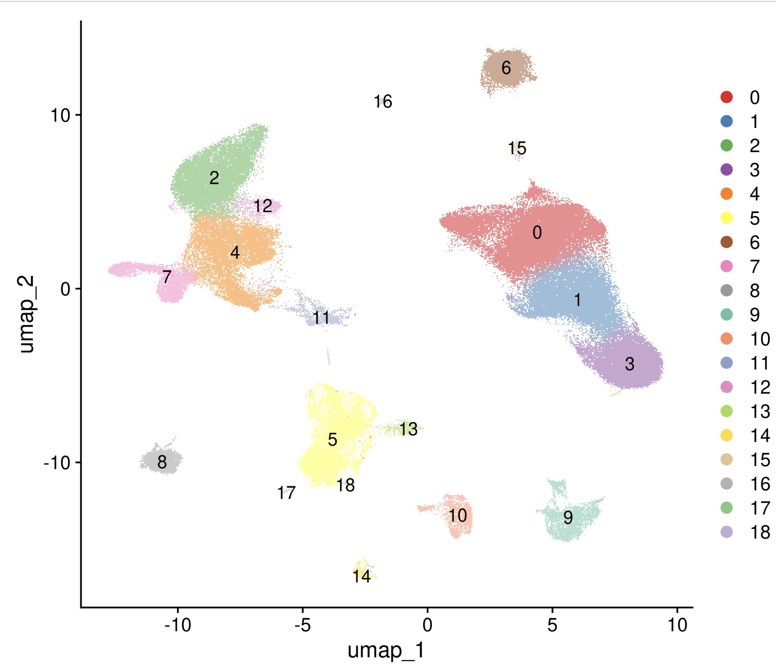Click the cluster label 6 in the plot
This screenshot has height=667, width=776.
pyautogui.click(x=506, y=68)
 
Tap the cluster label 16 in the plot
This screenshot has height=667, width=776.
pyautogui.click(x=383, y=102)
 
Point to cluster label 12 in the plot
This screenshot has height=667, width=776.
pyautogui.click(x=263, y=206)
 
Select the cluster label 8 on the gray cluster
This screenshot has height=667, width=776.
pyautogui.click(x=162, y=462)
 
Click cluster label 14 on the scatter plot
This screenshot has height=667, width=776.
pyautogui.click(x=362, y=576)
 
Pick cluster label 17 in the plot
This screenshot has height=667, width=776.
pyautogui.click(x=286, y=493)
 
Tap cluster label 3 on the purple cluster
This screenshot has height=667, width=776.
pyautogui.click(x=629, y=364)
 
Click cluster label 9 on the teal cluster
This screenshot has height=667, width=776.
pyautogui.click(x=568, y=518)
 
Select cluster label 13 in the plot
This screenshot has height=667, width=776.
pyautogui.click(x=408, y=429)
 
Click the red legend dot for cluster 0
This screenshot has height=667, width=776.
pyautogui.click(x=726, y=97)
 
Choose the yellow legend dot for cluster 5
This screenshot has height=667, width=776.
pyautogui.click(x=726, y=218)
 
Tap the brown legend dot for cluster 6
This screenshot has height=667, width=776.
pyautogui.click(x=726, y=242)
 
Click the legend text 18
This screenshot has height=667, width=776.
pyautogui.click(x=760, y=532)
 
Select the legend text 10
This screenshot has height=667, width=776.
pyautogui.click(x=760, y=339)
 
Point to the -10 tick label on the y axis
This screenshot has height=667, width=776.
pyautogui.click(x=57, y=462)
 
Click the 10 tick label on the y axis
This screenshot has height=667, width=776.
pyautogui.click(x=60, y=116)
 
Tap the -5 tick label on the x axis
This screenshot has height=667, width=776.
pyautogui.click(x=302, y=625)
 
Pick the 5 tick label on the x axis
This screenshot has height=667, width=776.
pyautogui.click(x=552, y=625)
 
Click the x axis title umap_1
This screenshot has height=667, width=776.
pyautogui.click(x=386, y=650)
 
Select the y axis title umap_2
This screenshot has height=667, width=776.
pyautogui.click(x=26, y=314)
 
